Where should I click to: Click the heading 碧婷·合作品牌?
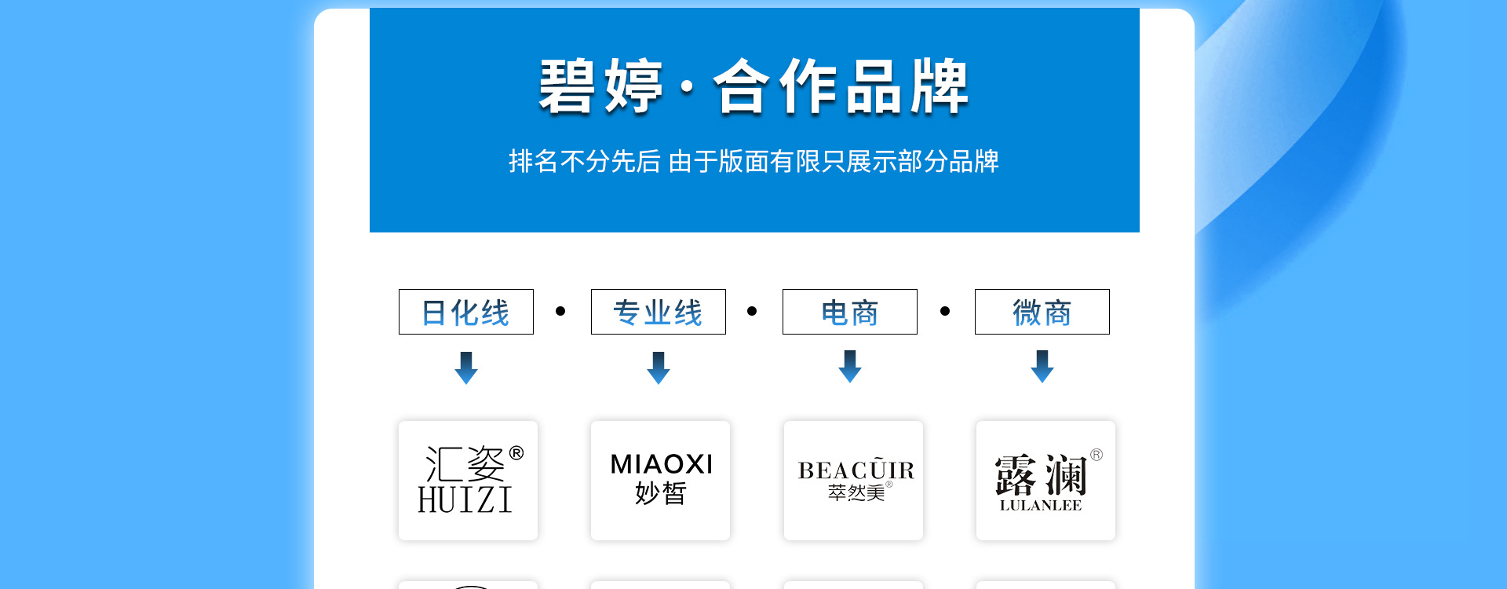[753, 86]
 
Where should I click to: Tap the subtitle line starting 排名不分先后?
[753, 162]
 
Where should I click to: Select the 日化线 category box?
[466, 313]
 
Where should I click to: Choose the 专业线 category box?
[658, 313]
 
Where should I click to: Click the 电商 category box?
[850, 313]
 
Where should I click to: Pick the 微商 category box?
[1042, 313]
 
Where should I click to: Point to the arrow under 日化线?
[466, 368]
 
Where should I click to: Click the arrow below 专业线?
[659, 368]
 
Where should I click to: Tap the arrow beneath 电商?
[850, 367]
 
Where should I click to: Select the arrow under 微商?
[1042, 367]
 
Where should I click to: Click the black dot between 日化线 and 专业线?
[560, 311]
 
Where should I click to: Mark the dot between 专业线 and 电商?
[752, 311]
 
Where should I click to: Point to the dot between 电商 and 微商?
[945, 311]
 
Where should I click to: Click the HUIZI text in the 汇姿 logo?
[465, 500]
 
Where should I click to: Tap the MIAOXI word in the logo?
[662, 465]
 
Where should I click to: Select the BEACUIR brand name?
[856, 470]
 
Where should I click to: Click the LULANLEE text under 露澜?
[1041, 506]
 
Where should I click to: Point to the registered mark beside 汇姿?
[516, 452]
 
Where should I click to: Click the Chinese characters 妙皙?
[661, 493]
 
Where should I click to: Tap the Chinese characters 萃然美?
[856, 493]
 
